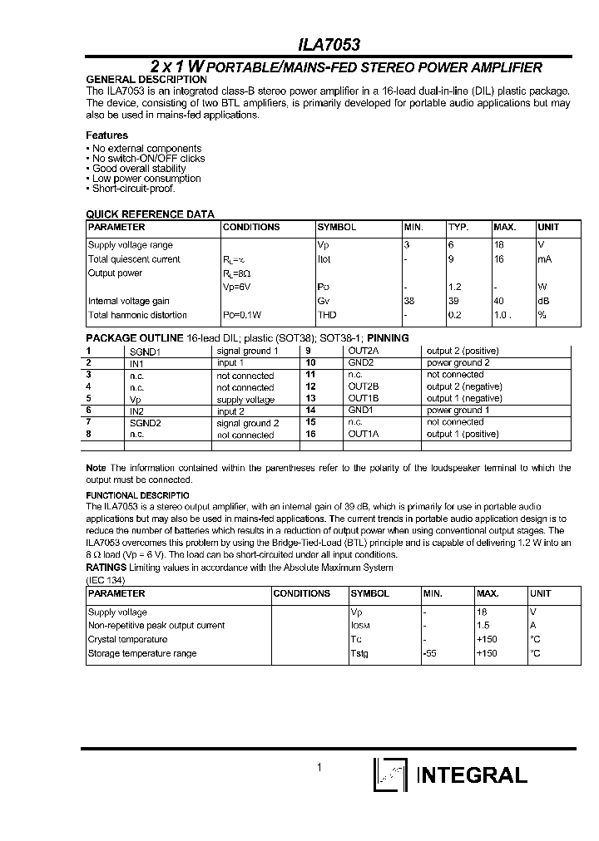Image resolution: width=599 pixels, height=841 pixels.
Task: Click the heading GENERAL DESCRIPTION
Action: pyautogui.click(x=146, y=80)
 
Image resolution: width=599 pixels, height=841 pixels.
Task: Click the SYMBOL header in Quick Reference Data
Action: pyautogui.click(x=336, y=228)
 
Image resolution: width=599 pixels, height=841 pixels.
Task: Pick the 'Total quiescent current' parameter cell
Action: pyautogui.click(x=134, y=259)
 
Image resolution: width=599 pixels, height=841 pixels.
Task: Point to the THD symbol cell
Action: pyautogui.click(x=326, y=315)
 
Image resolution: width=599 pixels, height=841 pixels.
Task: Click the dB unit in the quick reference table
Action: pyautogui.click(x=544, y=301)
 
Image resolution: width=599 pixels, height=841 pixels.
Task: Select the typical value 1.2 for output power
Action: pyautogui.click(x=455, y=287)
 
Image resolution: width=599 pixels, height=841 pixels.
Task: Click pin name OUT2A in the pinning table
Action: pyautogui.click(x=363, y=351)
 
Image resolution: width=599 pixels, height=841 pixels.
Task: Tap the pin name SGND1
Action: pyautogui.click(x=144, y=352)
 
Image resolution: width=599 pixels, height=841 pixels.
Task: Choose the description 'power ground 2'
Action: pyautogui.click(x=458, y=363)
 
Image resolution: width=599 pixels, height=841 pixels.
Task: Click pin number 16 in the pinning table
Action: pyautogui.click(x=311, y=434)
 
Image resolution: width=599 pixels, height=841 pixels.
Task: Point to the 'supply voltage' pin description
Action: pyautogui.click(x=245, y=400)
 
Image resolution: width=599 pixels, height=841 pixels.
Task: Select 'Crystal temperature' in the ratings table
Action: pyautogui.click(x=127, y=640)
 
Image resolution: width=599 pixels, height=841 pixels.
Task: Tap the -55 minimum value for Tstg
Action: pyautogui.click(x=429, y=654)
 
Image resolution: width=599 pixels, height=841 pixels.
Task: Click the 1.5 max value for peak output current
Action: pyautogui.click(x=483, y=626)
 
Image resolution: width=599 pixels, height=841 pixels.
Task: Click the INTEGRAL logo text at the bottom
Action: pyautogui.click(x=471, y=775)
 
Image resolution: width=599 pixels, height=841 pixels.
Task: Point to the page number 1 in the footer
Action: pyautogui.click(x=319, y=768)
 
